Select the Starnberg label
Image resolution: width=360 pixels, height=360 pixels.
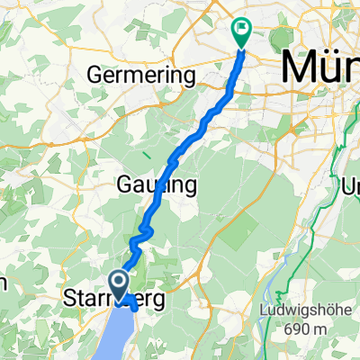point(114,299)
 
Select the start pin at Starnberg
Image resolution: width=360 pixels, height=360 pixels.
point(121,283)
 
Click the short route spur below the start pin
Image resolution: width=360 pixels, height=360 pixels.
point(133,304)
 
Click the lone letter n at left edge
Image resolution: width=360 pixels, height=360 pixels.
point(3,283)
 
